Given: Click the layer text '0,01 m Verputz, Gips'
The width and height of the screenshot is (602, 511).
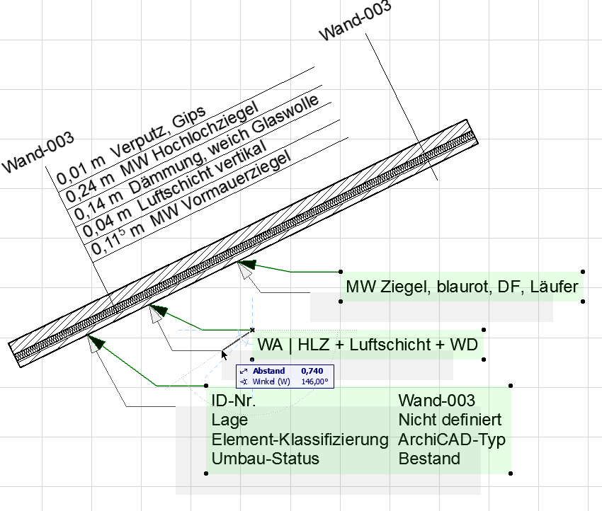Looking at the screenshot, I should pos(131,144).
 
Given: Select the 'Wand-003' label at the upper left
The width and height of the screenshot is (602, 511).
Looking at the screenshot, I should pos(39,151).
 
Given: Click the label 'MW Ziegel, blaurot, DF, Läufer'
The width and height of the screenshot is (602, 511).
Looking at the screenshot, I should pos(462,287).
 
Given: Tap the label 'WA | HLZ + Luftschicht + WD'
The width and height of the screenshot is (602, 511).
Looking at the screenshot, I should pos(368,345).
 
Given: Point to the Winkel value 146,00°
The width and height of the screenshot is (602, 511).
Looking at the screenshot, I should pos(314,381).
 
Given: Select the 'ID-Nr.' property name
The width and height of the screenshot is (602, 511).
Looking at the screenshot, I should pos(234,401).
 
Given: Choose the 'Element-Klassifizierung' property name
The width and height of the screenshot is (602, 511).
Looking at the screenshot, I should pos(300,439).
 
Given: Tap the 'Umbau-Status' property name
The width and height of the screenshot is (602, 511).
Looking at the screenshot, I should pos(265,458).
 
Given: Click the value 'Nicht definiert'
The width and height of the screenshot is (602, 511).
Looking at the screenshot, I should pos(450,420).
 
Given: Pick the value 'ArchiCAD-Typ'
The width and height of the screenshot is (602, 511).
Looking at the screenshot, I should pos(452,439).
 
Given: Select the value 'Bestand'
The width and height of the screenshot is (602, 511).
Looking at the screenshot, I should pos(429,458).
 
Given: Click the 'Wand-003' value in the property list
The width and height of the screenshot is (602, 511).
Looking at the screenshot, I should pos(436,401).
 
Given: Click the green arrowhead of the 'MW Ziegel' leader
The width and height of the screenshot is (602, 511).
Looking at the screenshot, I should pos(246,265).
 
